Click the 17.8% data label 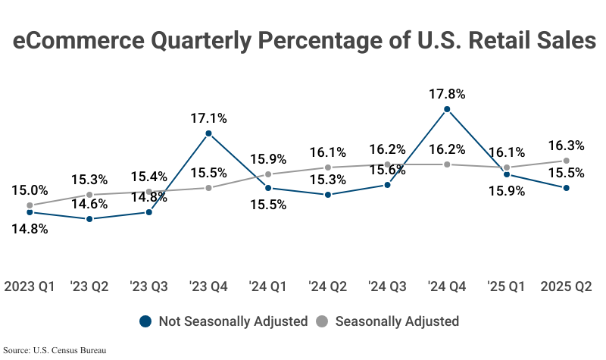click(x=447, y=95)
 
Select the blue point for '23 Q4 click(x=209, y=133)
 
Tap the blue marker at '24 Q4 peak click(x=447, y=109)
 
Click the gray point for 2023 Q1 click(x=30, y=205)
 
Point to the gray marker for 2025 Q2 click(x=566, y=161)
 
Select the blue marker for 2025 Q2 click(x=566, y=188)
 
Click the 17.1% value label click(x=209, y=118)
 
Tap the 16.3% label click(x=566, y=146)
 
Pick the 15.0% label click(x=30, y=190)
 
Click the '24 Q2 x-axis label click(x=328, y=287)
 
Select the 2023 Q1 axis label click(x=30, y=287)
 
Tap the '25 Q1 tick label click(x=506, y=287)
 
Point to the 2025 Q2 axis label click(x=566, y=287)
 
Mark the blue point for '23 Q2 click(x=89, y=219)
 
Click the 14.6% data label click(x=89, y=204)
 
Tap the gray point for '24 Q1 click(x=269, y=174)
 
